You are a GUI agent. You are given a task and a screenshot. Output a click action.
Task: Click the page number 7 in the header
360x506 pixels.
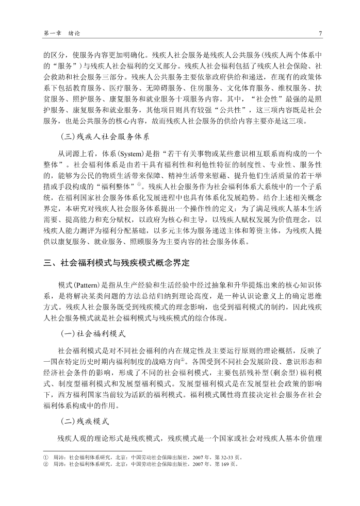pos(320,33)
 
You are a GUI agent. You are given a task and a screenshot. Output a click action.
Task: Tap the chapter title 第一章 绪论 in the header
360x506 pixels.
pos(62,33)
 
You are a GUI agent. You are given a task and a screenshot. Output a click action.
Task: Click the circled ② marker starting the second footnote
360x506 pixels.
pos(46,464)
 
